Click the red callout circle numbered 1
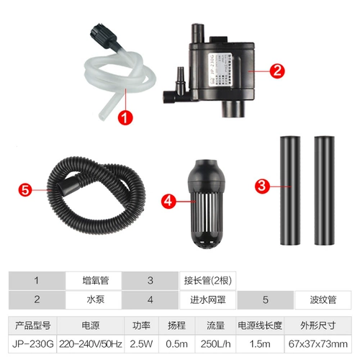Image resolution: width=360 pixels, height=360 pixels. pos(125,117)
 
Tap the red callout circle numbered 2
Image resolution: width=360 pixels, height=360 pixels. pos(277,71)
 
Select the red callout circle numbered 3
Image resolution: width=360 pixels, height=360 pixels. pos(262,186)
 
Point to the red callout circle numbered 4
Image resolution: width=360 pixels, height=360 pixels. pos(168,201)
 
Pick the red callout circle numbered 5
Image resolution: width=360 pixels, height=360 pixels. pos(25,189)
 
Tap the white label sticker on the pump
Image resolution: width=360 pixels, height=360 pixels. pos(220,70)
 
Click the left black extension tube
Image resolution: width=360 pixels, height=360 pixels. pos(290,191)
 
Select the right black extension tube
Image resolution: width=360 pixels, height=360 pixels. pos(325,191)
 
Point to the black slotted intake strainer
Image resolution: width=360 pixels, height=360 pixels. pos(206,204)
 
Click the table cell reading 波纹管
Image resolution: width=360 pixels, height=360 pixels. pos(323,300)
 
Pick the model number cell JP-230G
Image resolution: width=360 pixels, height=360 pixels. pos(32,344)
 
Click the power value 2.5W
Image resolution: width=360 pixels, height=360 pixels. pos(141,344)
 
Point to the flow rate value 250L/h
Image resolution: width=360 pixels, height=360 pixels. pos(215,344)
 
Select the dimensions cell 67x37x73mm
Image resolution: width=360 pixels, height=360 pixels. pos(318,344)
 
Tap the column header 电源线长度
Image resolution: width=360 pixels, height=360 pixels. pos(260,325)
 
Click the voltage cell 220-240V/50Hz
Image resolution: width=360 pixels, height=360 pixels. pos(91,344)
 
